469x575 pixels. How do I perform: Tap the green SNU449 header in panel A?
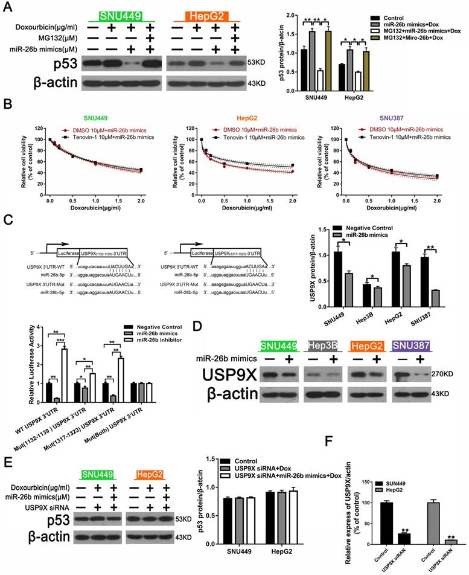coord(117,16)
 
